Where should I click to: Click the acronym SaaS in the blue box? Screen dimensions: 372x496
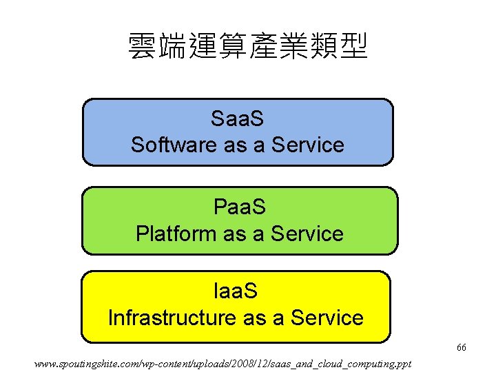[x=238, y=119]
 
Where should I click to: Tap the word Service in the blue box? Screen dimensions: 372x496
[x=308, y=145]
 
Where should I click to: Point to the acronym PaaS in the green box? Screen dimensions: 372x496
[x=240, y=207]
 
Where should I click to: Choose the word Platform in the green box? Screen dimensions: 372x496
[x=176, y=234]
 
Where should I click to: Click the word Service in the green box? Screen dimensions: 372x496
[x=307, y=234]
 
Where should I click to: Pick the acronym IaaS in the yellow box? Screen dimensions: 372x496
[x=236, y=291]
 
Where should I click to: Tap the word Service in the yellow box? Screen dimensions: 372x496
[x=327, y=318]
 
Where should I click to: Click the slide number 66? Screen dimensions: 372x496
[x=461, y=348]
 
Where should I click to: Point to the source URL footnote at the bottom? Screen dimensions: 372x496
[x=223, y=362]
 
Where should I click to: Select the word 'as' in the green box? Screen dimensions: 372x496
[x=234, y=234]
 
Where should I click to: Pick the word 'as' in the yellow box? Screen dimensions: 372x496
[x=254, y=318]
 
